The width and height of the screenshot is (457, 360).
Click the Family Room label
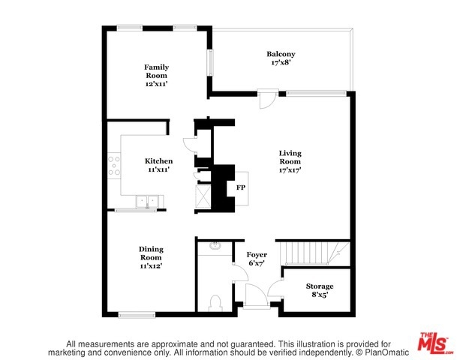pos(157,76)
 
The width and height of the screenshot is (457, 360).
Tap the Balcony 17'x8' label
pos(281,58)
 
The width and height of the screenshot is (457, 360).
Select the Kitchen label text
pos(158,161)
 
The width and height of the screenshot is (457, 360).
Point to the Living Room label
pos(290,161)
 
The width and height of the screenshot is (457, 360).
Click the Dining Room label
pos(151,257)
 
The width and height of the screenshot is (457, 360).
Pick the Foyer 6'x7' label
pos(257,259)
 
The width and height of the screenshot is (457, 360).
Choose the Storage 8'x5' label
pos(320,290)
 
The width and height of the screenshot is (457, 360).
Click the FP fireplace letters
pos(241,187)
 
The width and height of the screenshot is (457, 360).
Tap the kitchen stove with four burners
pos(114,166)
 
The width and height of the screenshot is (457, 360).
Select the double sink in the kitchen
pos(147,202)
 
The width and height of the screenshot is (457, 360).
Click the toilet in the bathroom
pos(215,303)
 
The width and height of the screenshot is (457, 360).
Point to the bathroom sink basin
pos(215,246)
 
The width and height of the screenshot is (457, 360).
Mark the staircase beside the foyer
pos(314,253)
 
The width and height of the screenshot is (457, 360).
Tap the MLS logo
pos(434,343)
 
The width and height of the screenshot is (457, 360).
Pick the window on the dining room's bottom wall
pos(137,314)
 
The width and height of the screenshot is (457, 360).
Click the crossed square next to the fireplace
pos(203,196)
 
